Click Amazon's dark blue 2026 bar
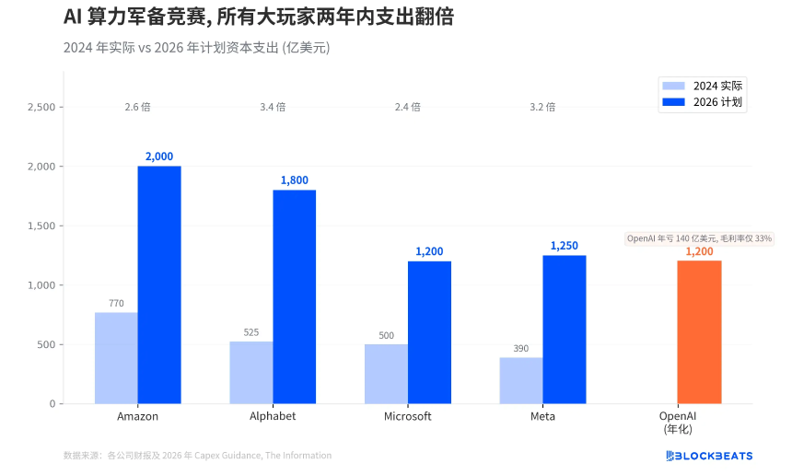(159, 284)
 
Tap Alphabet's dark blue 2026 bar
(294, 296)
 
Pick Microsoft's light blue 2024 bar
(386, 374)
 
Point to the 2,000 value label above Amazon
(159, 156)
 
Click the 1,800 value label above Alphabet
(294, 180)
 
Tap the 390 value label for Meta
(521, 348)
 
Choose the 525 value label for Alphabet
(251, 332)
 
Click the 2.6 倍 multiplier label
(137, 107)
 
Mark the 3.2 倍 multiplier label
(542, 107)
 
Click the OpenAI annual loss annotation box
(699, 238)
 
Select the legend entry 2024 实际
(703, 85)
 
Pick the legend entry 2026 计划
(703, 101)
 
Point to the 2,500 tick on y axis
(41, 107)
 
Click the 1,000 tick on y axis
(41, 285)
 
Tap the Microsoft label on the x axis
(407, 416)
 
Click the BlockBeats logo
(708, 456)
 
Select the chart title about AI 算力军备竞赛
(258, 18)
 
